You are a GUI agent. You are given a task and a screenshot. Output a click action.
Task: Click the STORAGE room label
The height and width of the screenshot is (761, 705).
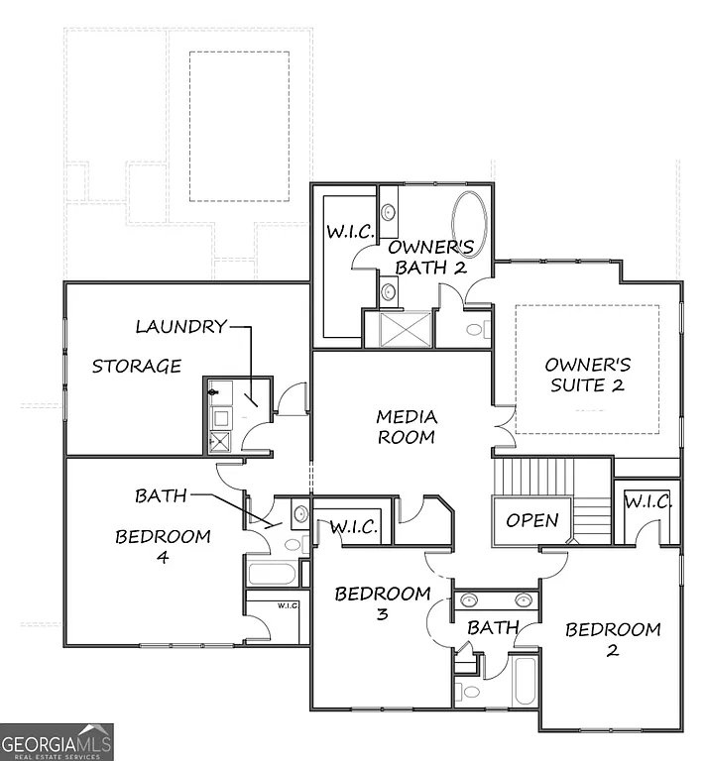coord(137,367)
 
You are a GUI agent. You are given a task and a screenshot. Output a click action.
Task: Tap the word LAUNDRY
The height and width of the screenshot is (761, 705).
coord(180,326)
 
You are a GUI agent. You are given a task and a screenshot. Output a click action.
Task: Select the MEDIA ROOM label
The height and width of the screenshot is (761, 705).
coord(407,427)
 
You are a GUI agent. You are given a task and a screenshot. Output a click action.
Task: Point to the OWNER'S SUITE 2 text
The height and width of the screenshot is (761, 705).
coord(587,375)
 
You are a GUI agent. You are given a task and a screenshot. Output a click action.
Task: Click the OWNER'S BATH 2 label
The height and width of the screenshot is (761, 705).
coord(429,257)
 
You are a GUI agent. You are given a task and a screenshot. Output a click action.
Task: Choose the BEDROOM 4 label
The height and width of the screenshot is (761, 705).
coord(163,546)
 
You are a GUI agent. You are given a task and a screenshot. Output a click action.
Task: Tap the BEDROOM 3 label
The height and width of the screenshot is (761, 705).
coord(382,603)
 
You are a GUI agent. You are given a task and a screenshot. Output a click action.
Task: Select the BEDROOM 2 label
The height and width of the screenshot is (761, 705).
coord(613,639)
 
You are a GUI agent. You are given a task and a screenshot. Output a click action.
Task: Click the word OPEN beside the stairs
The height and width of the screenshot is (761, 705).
coord(532,520)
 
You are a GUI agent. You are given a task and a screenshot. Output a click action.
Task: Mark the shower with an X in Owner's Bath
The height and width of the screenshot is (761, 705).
coord(399,329)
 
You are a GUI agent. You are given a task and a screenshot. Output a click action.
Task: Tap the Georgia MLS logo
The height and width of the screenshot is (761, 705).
coord(57,742)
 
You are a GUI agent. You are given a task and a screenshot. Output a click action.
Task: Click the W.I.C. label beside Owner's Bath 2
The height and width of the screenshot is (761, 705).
coord(350,232)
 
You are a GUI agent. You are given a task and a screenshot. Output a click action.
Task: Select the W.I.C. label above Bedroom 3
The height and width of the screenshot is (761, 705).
coord(354,527)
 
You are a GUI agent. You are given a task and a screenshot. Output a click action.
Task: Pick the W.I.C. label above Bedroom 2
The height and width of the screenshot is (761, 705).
coord(647,502)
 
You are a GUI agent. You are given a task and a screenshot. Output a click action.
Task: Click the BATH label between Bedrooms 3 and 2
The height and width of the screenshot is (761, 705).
coord(493,627)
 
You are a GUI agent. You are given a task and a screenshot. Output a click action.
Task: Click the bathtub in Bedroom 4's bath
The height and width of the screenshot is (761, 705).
coord(270,574)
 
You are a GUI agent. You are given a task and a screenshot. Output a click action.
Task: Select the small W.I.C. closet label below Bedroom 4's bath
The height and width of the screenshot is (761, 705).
coord(288,605)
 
